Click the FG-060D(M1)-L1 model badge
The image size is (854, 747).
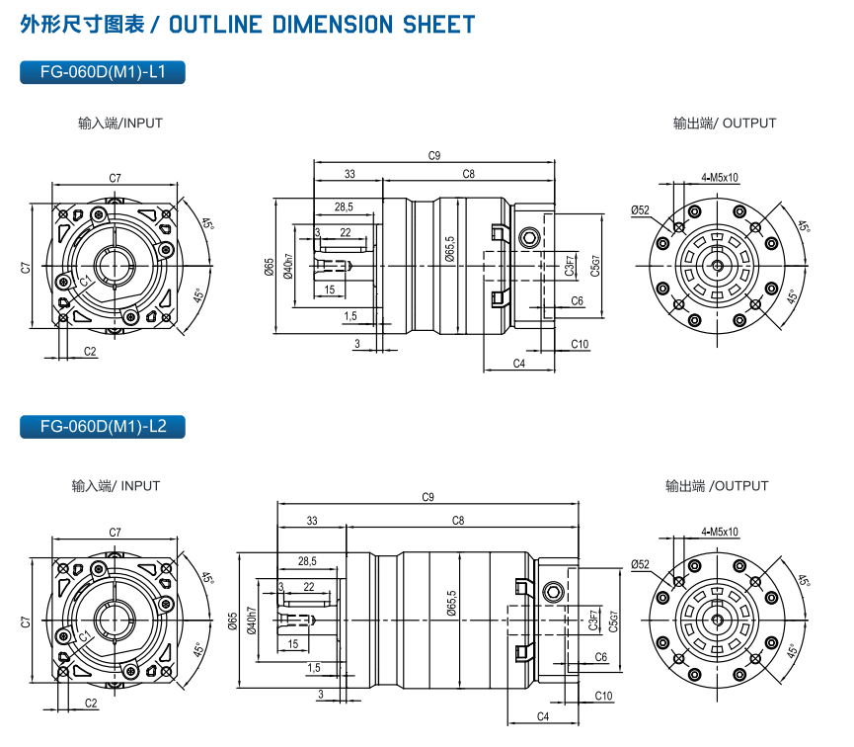(x=103, y=72)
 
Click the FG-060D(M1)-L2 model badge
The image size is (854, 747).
(x=103, y=427)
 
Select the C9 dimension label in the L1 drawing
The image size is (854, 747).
(x=434, y=155)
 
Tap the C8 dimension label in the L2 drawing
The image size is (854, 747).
(x=458, y=520)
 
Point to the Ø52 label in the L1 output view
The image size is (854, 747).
(x=640, y=209)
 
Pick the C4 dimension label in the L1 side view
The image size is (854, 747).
(x=519, y=364)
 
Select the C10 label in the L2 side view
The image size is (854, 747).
(x=603, y=697)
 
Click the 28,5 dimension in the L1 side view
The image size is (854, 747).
(x=345, y=207)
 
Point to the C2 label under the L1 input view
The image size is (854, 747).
(x=90, y=351)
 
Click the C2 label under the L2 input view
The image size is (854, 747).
(x=90, y=704)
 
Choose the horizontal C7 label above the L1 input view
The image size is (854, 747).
(x=116, y=178)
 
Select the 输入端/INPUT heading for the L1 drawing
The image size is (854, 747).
(x=120, y=124)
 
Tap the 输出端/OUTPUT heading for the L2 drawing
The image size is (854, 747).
(x=717, y=486)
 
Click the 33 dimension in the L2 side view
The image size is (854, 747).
(x=312, y=520)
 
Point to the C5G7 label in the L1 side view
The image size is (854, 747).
(x=595, y=264)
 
